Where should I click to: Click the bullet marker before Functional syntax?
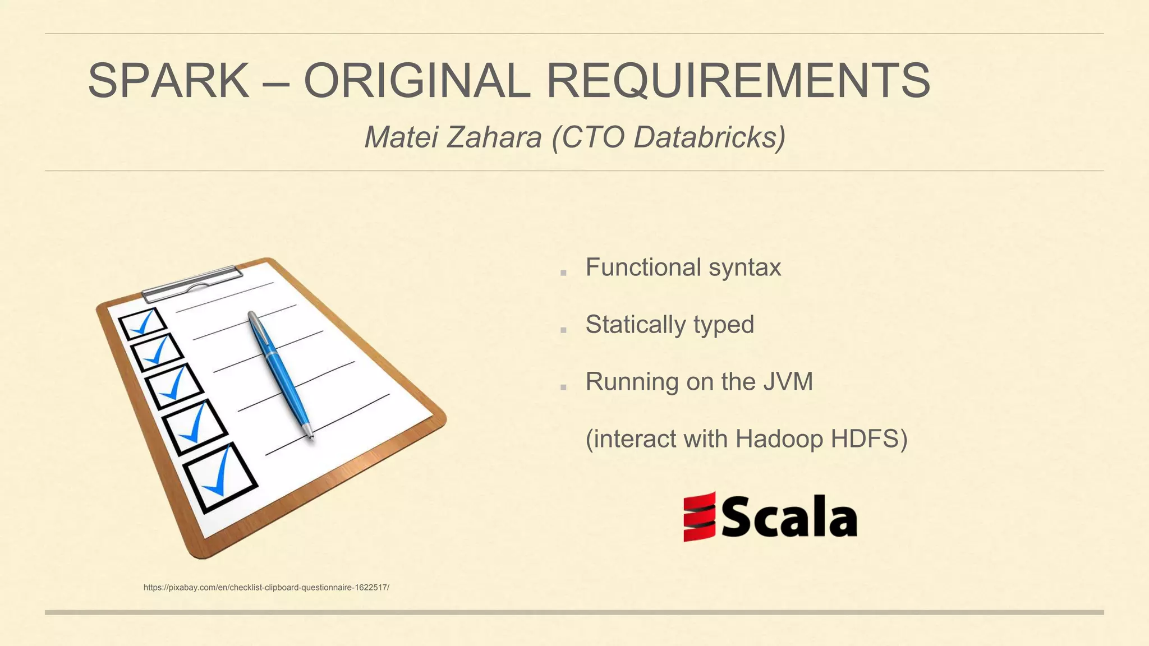click(x=563, y=273)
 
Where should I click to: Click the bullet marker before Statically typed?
click(x=563, y=330)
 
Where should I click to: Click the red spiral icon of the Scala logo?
click(x=699, y=516)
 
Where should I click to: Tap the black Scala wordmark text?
click(x=790, y=517)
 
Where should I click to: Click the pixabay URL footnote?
click(x=266, y=588)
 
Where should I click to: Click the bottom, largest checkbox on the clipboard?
click(x=220, y=477)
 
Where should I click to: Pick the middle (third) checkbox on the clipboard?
click(x=174, y=386)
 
